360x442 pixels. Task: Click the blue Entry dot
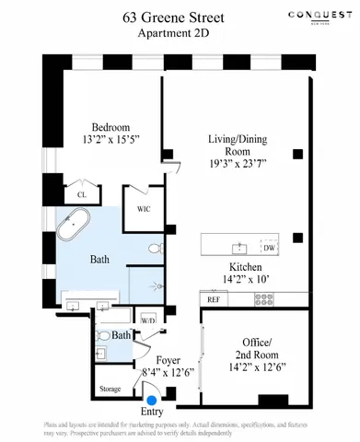point(152,400)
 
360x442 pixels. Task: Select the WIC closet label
point(145,207)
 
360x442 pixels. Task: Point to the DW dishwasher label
point(269,249)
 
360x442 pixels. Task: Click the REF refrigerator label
point(213,299)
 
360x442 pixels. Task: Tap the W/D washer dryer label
point(147,320)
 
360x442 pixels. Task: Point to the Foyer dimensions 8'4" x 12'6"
point(168,372)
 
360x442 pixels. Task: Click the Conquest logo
point(321,16)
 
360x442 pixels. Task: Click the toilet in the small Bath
point(103,336)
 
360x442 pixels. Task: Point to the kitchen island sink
point(240,248)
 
